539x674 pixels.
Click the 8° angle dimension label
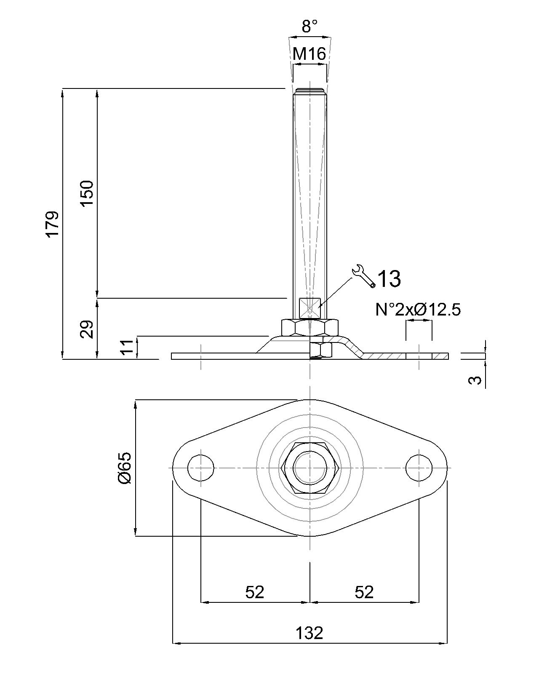pos(310,26)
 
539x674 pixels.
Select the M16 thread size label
pos(310,54)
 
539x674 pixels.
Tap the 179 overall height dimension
pos(53,224)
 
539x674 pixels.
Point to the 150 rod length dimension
pos(87,193)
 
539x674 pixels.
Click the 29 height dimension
pos(87,329)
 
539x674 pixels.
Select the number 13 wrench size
pos(389,279)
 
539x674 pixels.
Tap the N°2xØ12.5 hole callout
pos(418,310)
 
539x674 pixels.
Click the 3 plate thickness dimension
pos(475,380)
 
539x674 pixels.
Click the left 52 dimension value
pos(255,592)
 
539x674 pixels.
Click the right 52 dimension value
pos(364,592)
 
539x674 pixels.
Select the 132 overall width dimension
pos(310,633)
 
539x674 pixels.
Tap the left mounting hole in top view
pos(201,468)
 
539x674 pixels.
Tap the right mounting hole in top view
pos(419,468)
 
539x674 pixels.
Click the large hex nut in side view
pos(310,327)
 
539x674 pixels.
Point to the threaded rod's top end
pos(310,91)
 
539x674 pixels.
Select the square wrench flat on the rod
pos(310,308)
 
